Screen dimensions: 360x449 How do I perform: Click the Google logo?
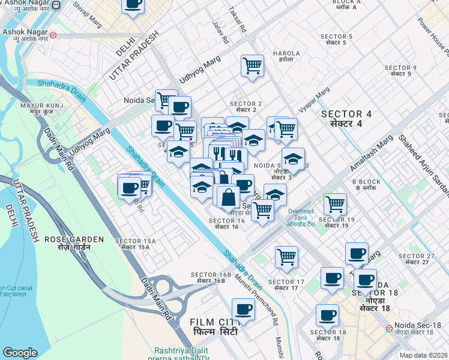pyautogui.click(x=20, y=353)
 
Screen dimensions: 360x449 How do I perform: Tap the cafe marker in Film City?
pyautogui.click(x=243, y=309)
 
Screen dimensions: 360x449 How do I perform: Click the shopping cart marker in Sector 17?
pyautogui.click(x=287, y=256)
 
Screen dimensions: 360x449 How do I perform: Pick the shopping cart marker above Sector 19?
pyautogui.click(x=335, y=203)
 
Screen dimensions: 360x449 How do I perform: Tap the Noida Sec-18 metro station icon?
pyautogui.click(x=390, y=328)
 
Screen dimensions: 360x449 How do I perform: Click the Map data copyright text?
pyautogui.click(x=423, y=355)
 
